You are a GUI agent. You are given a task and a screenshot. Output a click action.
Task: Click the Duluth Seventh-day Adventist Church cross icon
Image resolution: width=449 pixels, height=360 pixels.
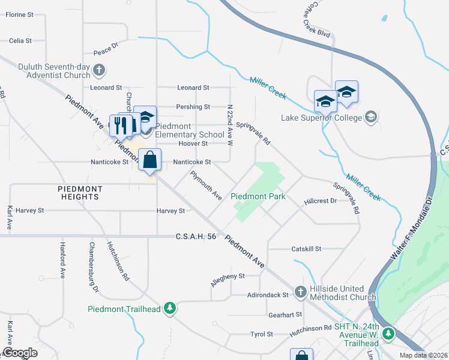click(100, 71)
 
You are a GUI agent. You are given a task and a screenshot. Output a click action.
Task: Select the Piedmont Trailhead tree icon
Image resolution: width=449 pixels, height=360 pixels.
click(170, 308)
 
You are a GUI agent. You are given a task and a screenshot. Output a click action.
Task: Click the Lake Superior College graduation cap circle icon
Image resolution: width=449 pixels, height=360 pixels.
click(372, 116)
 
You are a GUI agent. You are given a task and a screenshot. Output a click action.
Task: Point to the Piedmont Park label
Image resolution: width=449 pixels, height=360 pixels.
click(258, 196)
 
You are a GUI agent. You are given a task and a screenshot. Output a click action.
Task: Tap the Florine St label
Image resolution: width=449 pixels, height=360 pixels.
click(19, 14)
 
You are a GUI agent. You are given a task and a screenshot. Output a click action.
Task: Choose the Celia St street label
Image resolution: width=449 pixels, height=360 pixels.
click(20, 41)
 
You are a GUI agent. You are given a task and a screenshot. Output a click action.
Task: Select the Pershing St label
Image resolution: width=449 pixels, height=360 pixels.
click(193, 107)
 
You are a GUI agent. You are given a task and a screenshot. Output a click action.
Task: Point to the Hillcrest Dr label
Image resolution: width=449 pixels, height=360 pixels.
click(320, 202)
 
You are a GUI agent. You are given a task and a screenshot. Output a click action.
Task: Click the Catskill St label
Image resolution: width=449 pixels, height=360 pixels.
click(306, 248)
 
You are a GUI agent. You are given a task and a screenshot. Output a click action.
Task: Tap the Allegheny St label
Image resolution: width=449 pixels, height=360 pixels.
click(228, 277)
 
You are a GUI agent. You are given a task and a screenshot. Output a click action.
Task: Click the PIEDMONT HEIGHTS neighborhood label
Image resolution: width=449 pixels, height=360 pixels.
click(80, 193)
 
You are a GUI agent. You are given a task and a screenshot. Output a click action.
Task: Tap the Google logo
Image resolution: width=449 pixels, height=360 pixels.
click(20, 353)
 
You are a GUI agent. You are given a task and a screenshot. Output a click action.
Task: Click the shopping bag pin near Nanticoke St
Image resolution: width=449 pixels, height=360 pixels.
click(149, 160)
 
